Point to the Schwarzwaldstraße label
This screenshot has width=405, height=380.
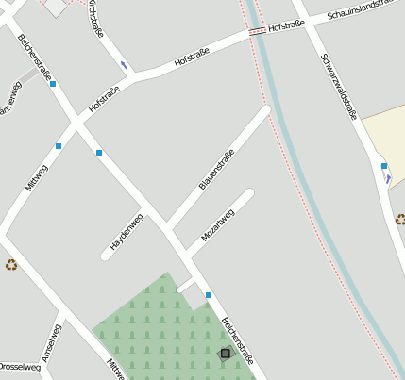(x=338, y=87)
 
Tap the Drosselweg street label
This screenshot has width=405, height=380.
(x=19, y=367)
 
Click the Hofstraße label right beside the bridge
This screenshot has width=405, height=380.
(x=286, y=27)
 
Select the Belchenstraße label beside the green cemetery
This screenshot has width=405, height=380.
(x=237, y=340)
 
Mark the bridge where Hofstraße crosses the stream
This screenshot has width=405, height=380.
(x=257, y=32)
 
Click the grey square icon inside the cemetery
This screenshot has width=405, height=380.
(x=225, y=354)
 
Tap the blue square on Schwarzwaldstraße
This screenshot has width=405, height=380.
(x=384, y=166)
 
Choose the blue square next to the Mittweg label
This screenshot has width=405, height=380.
(x=59, y=146)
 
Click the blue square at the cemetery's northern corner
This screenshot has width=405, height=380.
(x=209, y=295)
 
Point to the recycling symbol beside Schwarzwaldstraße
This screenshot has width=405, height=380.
(x=400, y=219)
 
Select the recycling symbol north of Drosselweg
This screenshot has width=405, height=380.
(x=11, y=265)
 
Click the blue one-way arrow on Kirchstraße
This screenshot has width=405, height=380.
(x=124, y=65)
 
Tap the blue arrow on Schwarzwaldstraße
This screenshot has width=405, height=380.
(x=387, y=178)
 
